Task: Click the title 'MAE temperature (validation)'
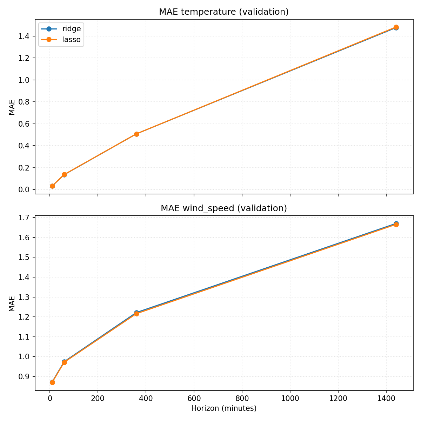[x=224, y=12]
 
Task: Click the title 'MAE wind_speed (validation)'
[x=224, y=208]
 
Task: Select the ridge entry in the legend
[x=71, y=29]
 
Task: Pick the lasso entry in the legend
[x=71, y=40]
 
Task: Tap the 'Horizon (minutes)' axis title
[x=224, y=408]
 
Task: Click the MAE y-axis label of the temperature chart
[x=12, y=107]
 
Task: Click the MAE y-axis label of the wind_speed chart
[x=12, y=303]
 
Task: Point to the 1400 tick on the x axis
[x=386, y=398]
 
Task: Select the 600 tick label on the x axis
[x=194, y=398]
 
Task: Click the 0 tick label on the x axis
[x=50, y=398]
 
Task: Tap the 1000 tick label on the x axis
[x=290, y=398]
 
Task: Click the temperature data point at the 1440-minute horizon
[x=396, y=27]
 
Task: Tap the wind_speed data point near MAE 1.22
[x=136, y=313]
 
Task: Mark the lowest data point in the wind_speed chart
[x=52, y=382]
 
